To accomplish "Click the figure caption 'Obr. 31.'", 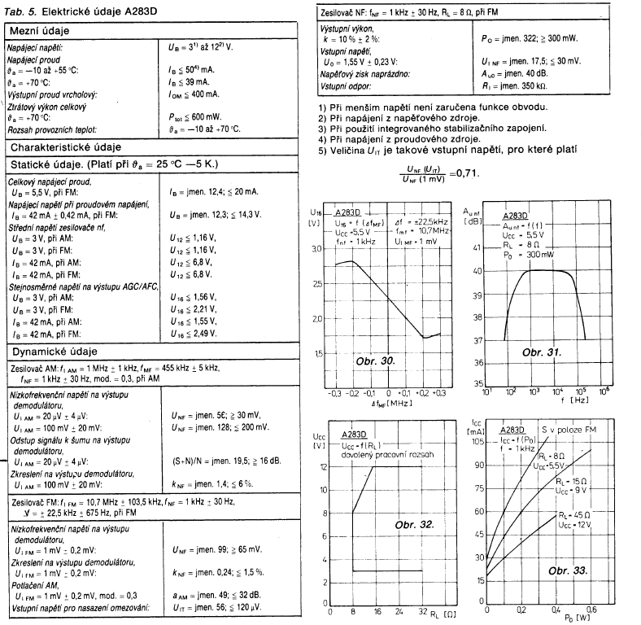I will (x=542, y=351).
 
